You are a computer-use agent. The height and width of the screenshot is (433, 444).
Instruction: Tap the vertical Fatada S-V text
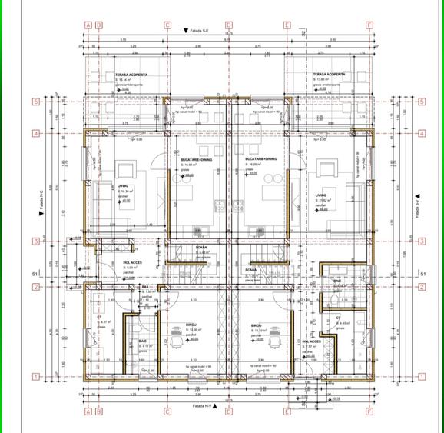pyautogui.click(x=418, y=205)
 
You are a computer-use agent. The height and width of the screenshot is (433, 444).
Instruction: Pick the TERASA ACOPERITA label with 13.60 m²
pyautogui.click(x=329, y=75)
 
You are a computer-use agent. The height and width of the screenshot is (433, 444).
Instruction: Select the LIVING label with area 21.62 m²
pyautogui.click(x=323, y=195)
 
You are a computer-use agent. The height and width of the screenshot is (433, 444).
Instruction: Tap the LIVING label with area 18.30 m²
pyautogui.click(x=124, y=185)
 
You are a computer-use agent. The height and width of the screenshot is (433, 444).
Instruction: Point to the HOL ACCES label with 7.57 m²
pyautogui.click(x=311, y=341)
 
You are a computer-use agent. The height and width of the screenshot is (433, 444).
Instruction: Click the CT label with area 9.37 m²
pyautogui.click(x=100, y=317)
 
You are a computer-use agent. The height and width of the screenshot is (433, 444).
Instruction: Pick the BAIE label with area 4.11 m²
pyautogui.click(x=143, y=341)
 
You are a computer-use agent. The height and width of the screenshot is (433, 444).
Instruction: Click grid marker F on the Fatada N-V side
pyautogui.click(x=369, y=411)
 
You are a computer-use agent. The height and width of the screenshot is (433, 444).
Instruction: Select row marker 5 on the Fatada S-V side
pyautogui.click(x=421, y=101)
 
